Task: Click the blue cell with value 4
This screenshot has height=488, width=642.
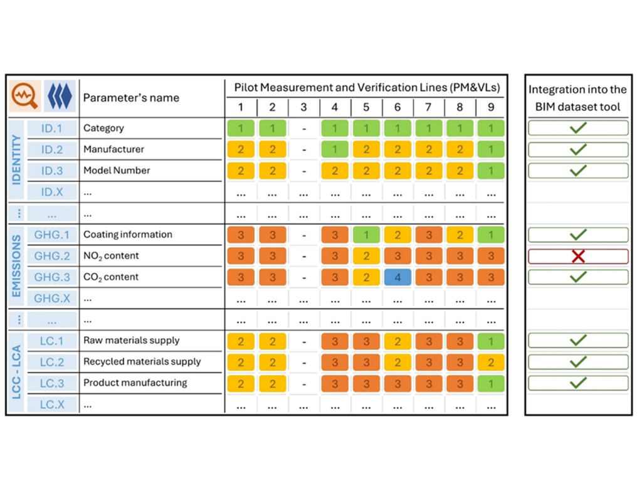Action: click(x=397, y=277)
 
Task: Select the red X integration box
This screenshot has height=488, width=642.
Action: click(x=577, y=256)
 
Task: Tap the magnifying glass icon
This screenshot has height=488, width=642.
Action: click(x=25, y=97)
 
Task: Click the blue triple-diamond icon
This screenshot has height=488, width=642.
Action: click(x=60, y=97)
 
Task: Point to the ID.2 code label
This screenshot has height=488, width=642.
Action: click(x=52, y=149)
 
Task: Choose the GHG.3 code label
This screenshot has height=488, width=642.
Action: click(x=52, y=277)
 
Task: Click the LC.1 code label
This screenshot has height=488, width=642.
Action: click(x=52, y=341)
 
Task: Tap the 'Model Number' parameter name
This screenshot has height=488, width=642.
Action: click(x=117, y=171)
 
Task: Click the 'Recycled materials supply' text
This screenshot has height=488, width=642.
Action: click(x=142, y=362)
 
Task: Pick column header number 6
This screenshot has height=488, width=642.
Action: click(x=397, y=107)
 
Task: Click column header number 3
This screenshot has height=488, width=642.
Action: click(x=303, y=107)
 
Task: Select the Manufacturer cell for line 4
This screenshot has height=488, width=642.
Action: click(x=335, y=149)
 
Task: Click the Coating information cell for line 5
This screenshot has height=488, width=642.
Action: click(x=366, y=235)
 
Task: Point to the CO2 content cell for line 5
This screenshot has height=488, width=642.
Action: click(x=366, y=277)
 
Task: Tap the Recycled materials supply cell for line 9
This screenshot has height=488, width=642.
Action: click(x=490, y=362)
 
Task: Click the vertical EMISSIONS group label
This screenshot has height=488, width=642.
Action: click(x=17, y=266)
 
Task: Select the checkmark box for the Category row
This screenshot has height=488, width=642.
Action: click(x=577, y=128)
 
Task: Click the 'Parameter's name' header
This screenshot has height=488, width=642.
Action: click(x=131, y=98)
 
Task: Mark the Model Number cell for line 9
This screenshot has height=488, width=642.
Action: click(x=490, y=171)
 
